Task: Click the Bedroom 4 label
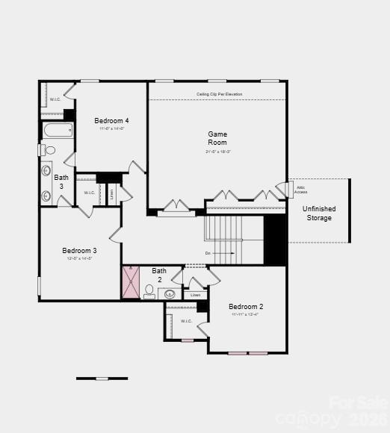click(111, 121)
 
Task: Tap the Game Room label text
click(217, 138)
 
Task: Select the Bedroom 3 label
click(79, 251)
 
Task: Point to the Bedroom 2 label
click(246, 307)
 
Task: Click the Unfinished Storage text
click(319, 214)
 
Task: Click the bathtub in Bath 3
click(58, 131)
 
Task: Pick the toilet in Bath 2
click(149, 290)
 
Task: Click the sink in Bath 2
click(169, 293)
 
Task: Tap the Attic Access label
click(300, 190)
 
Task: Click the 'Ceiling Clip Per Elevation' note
click(219, 94)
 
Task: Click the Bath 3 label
click(61, 181)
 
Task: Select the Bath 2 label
click(159, 275)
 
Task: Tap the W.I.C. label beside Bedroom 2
click(186, 321)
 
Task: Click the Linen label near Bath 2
click(195, 295)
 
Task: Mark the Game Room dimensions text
click(218, 152)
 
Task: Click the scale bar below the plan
click(102, 379)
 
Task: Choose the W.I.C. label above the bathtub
click(55, 99)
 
